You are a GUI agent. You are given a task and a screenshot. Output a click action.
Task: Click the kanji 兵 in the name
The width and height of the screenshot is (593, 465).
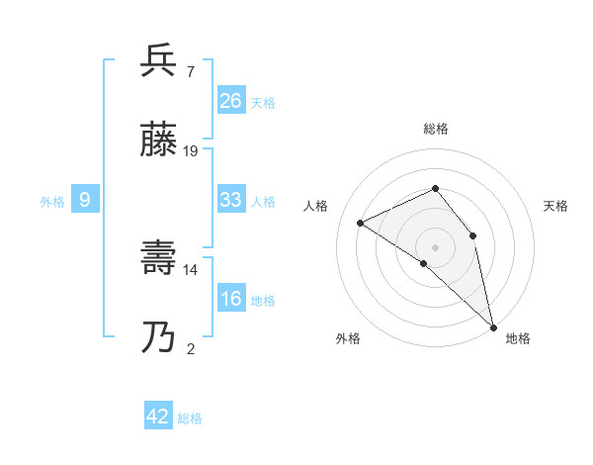[158, 60]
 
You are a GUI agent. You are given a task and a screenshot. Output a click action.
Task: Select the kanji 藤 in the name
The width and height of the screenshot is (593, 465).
[158, 140]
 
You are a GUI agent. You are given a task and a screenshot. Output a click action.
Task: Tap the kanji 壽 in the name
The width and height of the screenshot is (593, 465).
[158, 259]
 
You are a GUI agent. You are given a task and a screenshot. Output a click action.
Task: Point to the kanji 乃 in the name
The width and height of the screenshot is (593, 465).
[158, 339]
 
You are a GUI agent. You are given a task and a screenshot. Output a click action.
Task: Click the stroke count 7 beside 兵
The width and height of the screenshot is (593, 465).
[190, 71]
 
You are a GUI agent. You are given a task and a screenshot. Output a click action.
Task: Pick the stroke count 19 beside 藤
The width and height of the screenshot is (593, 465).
[191, 151]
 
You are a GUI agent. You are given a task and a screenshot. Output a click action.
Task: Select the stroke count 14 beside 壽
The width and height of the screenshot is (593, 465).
[191, 270]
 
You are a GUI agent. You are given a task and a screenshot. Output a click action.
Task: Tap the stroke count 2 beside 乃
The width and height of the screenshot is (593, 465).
[190, 349]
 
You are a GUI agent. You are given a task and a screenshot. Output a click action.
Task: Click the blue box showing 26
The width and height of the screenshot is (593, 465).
[231, 101]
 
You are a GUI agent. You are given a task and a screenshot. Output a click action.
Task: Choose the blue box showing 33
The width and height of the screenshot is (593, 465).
[231, 200]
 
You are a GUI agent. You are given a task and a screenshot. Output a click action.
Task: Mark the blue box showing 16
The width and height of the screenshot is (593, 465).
[231, 299]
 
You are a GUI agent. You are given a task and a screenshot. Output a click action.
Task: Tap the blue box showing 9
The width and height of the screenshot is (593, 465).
[85, 200]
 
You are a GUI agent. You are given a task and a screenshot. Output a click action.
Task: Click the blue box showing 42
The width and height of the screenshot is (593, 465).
[158, 417]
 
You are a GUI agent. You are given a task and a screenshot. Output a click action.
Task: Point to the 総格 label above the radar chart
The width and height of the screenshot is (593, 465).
[436, 129]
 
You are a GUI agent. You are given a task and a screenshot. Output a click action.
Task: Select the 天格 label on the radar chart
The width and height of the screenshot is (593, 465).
[555, 206]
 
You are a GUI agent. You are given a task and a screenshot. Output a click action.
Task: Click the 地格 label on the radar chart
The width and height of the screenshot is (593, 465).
[518, 338]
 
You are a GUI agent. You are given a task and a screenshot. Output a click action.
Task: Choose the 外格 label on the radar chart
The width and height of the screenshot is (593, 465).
[348, 338]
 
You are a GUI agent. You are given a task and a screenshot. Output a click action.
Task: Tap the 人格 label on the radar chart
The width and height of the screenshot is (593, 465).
[316, 206]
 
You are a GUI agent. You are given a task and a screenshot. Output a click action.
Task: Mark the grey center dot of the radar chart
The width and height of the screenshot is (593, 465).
[436, 246]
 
